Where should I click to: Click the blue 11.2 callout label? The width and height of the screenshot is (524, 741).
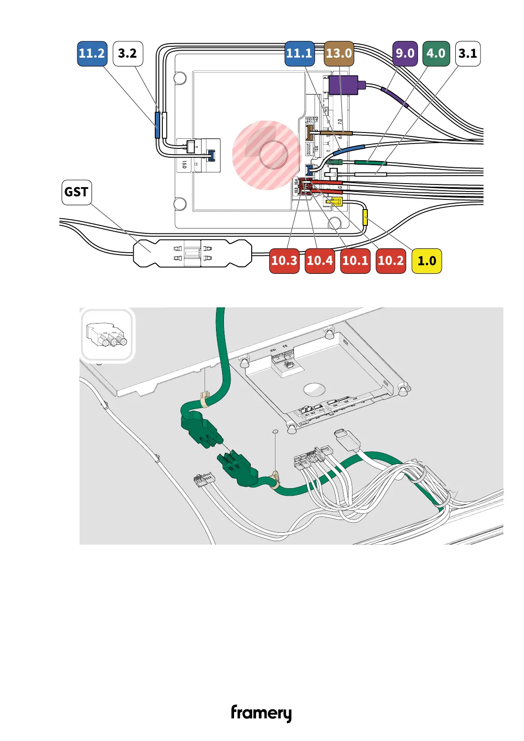point(92,54)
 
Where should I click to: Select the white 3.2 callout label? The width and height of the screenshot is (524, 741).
point(128,54)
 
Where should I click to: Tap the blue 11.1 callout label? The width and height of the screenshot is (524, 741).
point(299,54)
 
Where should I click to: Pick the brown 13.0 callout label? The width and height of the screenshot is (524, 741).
point(339,54)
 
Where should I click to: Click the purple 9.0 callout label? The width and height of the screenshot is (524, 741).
point(405,54)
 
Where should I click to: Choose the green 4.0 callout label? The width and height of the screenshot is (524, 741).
point(436,54)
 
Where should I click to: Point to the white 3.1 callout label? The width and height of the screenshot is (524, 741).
point(468,54)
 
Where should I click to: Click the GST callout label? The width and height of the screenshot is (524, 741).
point(77,192)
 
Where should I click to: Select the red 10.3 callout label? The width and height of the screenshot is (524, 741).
point(284,261)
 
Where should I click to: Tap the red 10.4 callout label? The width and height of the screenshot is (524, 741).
point(320,261)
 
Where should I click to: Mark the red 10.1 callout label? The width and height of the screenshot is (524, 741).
point(355,261)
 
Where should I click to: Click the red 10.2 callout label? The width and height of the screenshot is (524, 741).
point(391,261)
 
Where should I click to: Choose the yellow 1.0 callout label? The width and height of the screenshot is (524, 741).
point(426,261)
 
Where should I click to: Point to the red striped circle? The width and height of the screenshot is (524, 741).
point(266,155)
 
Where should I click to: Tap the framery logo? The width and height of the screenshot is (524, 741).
point(261,713)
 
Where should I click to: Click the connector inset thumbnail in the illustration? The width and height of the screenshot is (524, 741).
point(107,335)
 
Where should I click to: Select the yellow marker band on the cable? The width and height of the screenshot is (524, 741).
point(365,218)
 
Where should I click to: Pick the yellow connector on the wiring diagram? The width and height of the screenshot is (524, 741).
point(334,202)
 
